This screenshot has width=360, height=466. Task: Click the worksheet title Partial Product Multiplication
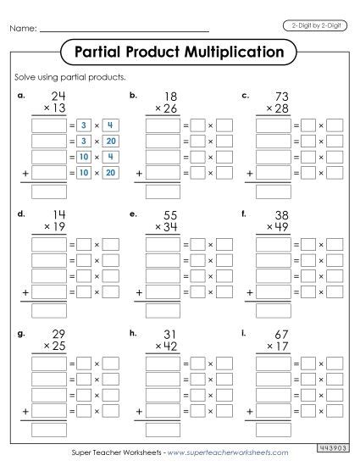[x=179, y=53]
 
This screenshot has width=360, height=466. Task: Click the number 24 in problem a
[x=58, y=96]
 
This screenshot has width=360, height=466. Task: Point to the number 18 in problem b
[x=169, y=96]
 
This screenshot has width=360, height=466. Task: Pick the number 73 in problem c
[x=281, y=96]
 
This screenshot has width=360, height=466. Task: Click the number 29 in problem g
[x=58, y=333]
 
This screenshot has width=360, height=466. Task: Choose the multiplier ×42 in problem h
[x=165, y=345]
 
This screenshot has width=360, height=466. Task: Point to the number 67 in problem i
[x=281, y=333]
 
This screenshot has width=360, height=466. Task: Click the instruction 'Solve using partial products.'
[x=64, y=77]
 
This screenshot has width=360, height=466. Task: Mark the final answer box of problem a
[x=49, y=189]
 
